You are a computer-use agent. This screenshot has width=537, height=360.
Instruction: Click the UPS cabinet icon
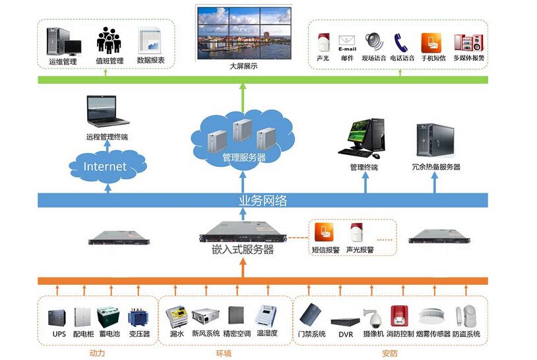(59, 316)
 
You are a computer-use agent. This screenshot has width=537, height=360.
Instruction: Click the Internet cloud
(104, 166)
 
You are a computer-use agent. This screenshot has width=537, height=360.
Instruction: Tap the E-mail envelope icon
(347, 43)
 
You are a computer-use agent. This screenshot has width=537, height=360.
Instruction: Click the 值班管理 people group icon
(109, 40)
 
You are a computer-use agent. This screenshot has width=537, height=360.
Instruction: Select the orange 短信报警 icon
(325, 233)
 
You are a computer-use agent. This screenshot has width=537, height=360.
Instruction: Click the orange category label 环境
(224, 353)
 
